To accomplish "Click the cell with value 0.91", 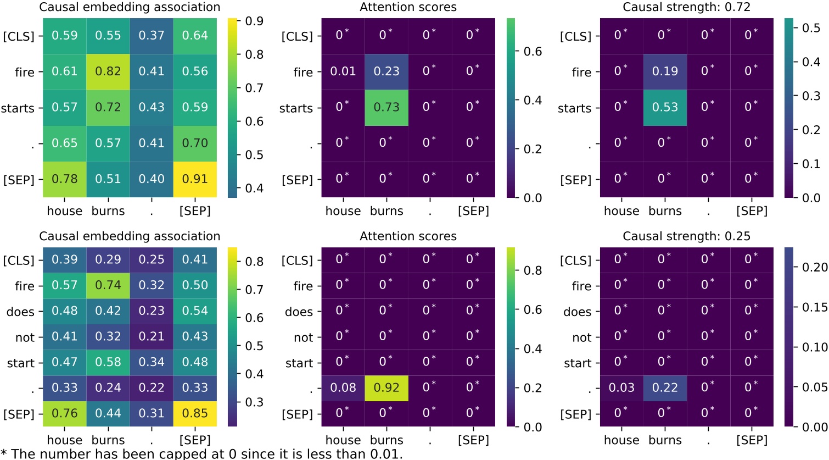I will [195, 179].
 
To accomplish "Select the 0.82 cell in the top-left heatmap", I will [108, 71].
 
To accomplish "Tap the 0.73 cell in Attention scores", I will [387, 107].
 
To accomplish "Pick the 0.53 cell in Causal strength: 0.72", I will [665, 107].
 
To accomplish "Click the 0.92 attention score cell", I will [387, 388].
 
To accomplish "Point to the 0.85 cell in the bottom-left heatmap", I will [195, 413].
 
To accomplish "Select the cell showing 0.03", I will [621, 388].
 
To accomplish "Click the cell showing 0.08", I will [343, 388].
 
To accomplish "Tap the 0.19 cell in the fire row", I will [665, 71].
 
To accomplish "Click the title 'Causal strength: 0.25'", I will [686, 236].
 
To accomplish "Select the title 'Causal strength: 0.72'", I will [686, 7].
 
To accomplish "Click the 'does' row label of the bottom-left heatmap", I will [20, 312].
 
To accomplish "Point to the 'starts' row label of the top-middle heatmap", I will [296, 108].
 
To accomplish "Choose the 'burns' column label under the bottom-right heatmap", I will [665, 440].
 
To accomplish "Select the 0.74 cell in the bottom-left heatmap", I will [108, 285].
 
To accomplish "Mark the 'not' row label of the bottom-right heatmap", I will [581, 337].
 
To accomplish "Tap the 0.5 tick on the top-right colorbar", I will [811, 28].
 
